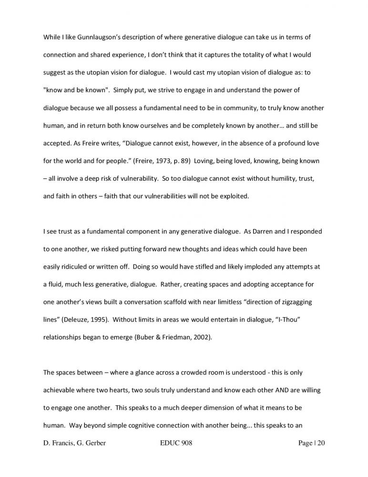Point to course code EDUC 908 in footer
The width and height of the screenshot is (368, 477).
tap(174, 443)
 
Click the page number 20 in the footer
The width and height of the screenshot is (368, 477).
tap(320, 443)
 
